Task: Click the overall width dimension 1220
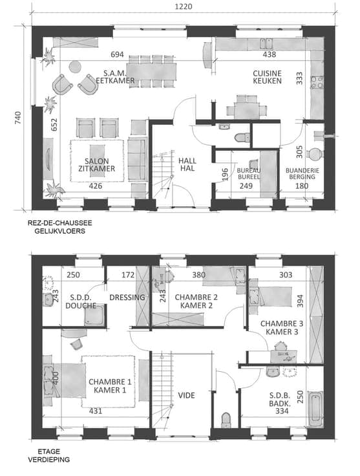tap(183, 6)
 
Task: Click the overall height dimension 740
tap(18, 118)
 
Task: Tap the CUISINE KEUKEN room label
tap(267, 77)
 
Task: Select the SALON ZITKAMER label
tap(96, 165)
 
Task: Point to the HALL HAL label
tap(187, 164)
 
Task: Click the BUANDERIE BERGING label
tap(302, 173)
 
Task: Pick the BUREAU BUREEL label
tap(249, 173)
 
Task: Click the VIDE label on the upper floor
tap(186, 395)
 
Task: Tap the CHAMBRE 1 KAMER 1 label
tap(110, 386)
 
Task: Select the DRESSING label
tap(127, 297)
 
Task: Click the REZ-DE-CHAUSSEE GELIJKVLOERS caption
tap(59, 227)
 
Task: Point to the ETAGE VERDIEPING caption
tap(49, 455)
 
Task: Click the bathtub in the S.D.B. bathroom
tap(315, 409)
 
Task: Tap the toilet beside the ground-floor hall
tap(242, 138)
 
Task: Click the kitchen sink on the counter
tap(266, 43)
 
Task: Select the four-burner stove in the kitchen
tap(317, 82)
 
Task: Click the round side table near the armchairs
tap(75, 67)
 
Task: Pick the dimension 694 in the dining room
tap(117, 54)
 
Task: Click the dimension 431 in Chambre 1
tap(96, 411)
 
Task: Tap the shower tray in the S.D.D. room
tap(94, 315)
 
